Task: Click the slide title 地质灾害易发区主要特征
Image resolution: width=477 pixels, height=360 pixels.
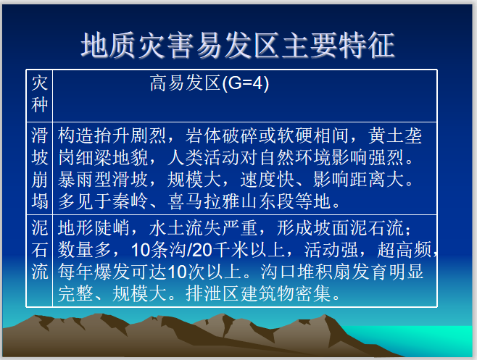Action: coord(238,46)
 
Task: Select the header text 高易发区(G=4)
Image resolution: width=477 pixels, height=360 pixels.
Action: coord(210,83)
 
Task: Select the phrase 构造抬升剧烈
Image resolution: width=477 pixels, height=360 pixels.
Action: coord(112,135)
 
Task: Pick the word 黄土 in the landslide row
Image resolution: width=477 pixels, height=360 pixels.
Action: coord(386,135)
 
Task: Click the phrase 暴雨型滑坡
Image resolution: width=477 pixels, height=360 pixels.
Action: coord(103,180)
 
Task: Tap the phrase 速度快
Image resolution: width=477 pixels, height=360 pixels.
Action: coord(267,180)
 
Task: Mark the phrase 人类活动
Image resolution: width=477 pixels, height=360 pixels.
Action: coord(204,157)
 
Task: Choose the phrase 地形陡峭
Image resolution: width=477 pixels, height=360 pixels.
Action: coord(94,228)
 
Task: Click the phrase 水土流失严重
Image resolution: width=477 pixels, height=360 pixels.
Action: coord(203,228)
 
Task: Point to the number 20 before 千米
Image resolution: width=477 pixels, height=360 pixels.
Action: coord(202,250)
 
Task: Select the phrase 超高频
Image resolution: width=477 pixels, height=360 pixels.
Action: coord(405,250)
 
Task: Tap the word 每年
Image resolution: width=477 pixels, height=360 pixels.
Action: coord(75,272)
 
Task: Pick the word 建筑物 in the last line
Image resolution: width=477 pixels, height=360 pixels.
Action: coord(267,293)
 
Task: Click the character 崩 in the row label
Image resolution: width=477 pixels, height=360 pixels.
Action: coord(40,180)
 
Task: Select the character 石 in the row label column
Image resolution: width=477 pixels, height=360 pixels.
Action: coord(40,250)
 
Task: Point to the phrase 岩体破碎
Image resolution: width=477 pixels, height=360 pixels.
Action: coord(222,135)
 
